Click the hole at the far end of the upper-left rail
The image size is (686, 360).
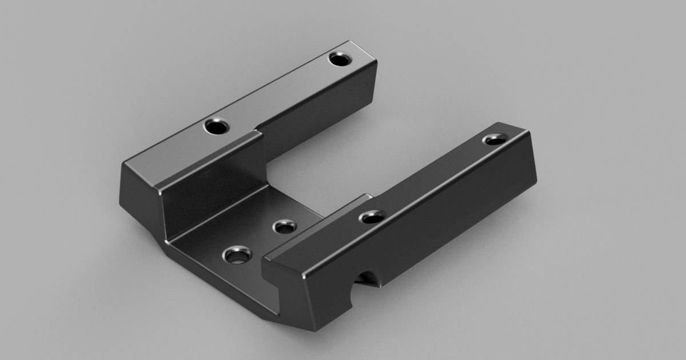[341, 58]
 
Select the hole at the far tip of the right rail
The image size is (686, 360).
[494, 139]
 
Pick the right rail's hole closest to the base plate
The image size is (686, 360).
[372, 217]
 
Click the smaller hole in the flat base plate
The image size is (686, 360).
[285, 227]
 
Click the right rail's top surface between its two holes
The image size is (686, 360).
[434, 177]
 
